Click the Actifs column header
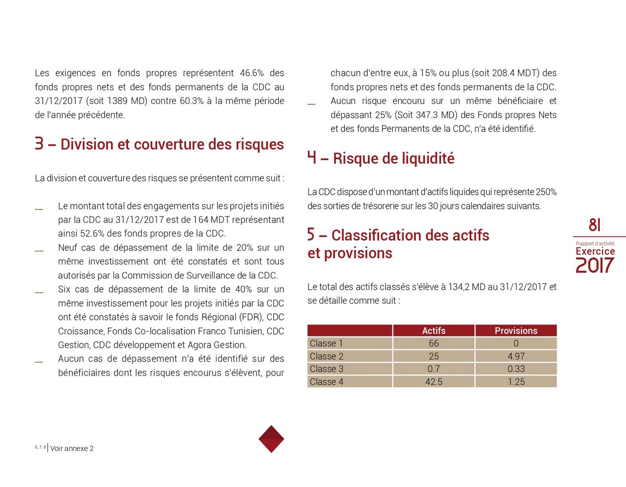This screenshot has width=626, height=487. [x=434, y=330]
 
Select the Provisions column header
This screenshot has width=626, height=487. [x=515, y=330]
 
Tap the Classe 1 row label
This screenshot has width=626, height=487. [x=327, y=343]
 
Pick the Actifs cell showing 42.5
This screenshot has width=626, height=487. [x=434, y=382]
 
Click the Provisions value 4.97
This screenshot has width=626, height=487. [x=515, y=356]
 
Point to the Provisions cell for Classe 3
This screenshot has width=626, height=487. [x=515, y=369]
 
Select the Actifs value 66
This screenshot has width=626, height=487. [x=434, y=343]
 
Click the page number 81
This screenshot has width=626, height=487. [x=594, y=225]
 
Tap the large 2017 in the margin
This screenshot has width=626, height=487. [x=595, y=266]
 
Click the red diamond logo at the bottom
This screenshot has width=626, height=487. [x=271, y=439]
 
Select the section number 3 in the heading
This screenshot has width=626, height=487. [x=39, y=144]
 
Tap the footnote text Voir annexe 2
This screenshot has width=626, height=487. [x=72, y=448]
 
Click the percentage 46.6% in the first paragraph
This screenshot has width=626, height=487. [x=252, y=73]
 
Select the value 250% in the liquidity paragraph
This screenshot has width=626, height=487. [x=546, y=192]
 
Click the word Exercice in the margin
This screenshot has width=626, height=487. [x=595, y=251]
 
